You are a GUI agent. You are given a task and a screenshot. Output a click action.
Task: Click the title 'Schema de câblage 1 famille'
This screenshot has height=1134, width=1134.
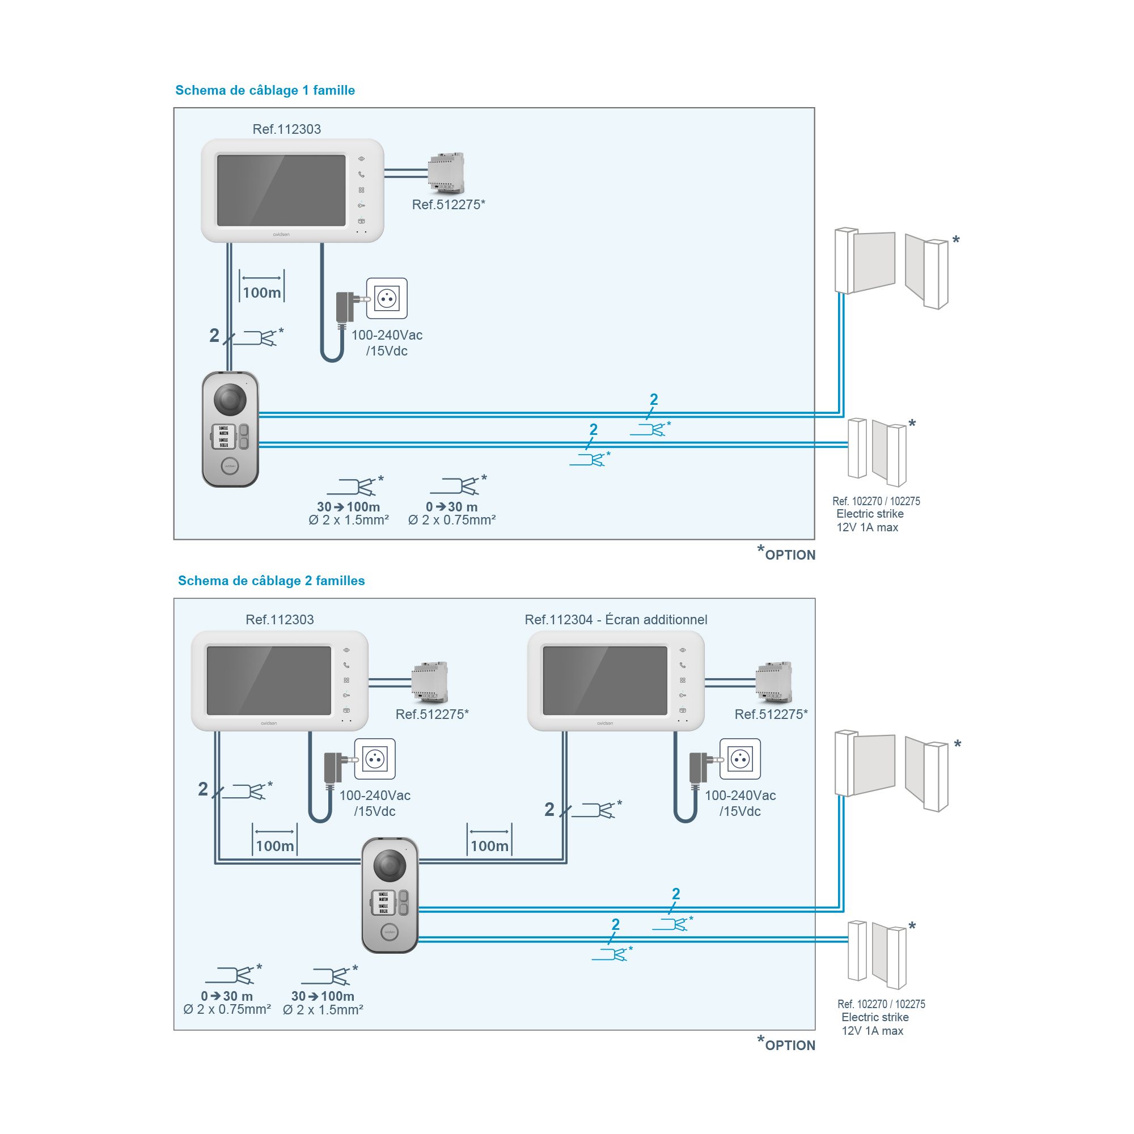[265, 90]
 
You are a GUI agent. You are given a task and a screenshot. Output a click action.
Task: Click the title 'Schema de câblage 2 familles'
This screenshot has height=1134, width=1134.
[271, 581]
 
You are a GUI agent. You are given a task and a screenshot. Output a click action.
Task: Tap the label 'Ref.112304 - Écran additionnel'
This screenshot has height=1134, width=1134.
[616, 619]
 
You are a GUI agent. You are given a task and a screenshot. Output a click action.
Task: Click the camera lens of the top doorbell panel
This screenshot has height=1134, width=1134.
[230, 400]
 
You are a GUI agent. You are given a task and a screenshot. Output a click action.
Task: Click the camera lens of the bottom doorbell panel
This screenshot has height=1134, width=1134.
[389, 865]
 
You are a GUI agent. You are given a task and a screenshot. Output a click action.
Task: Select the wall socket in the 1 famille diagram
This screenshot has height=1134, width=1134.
[387, 298]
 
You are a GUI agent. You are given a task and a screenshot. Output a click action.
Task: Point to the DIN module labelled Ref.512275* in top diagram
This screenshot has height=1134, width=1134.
[446, 172]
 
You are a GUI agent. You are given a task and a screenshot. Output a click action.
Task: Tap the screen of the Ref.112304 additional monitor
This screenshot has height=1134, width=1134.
[604, 680]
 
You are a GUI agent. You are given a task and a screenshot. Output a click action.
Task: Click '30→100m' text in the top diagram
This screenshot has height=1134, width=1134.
[348, 506]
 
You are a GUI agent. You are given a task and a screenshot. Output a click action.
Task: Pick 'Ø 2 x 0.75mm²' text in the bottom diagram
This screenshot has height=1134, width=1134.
[227, 1009]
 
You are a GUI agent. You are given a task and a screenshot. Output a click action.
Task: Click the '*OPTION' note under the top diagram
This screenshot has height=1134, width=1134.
[788, 555]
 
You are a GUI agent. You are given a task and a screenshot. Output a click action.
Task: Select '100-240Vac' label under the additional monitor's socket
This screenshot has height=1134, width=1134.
[739, 796]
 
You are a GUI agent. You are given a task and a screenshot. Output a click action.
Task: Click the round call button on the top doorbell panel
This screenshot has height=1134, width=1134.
[230, 467]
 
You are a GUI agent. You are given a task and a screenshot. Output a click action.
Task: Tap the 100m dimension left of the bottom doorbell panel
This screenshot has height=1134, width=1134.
[274, 845]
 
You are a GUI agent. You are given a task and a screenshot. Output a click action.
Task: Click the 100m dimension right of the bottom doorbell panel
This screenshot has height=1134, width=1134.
[489, 845]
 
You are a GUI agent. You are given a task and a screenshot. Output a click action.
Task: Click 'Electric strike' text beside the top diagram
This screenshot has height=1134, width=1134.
[869, 514]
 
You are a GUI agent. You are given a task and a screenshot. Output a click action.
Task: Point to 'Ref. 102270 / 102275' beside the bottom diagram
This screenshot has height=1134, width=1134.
[881, 1004]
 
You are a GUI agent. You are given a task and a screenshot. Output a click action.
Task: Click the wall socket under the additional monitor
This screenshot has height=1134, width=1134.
[739, 759]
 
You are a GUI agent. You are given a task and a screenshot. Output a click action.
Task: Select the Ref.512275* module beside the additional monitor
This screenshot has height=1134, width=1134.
[773, 682]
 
